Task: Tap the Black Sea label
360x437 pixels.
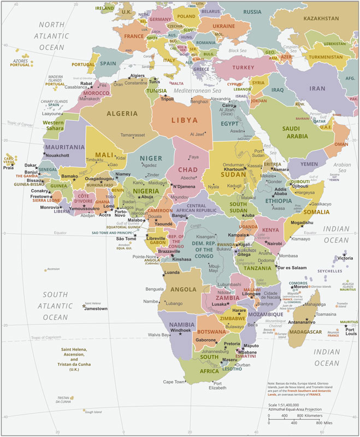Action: click(x=238, y=51)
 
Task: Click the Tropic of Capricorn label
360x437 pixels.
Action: click(x=52, y=338)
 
